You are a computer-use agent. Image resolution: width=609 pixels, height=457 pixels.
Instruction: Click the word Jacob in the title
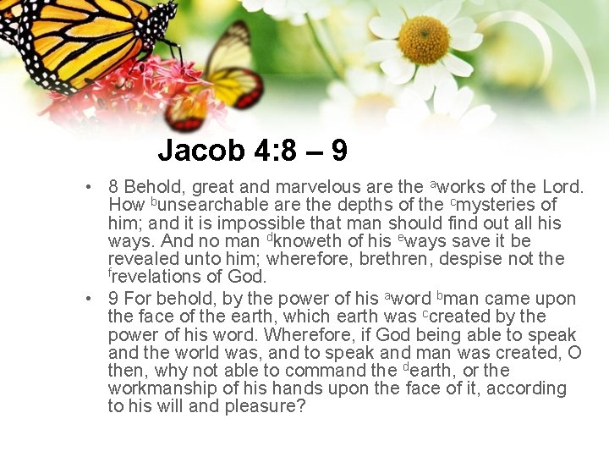(201, 151)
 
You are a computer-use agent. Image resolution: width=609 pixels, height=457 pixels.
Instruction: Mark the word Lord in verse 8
(564, 186)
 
